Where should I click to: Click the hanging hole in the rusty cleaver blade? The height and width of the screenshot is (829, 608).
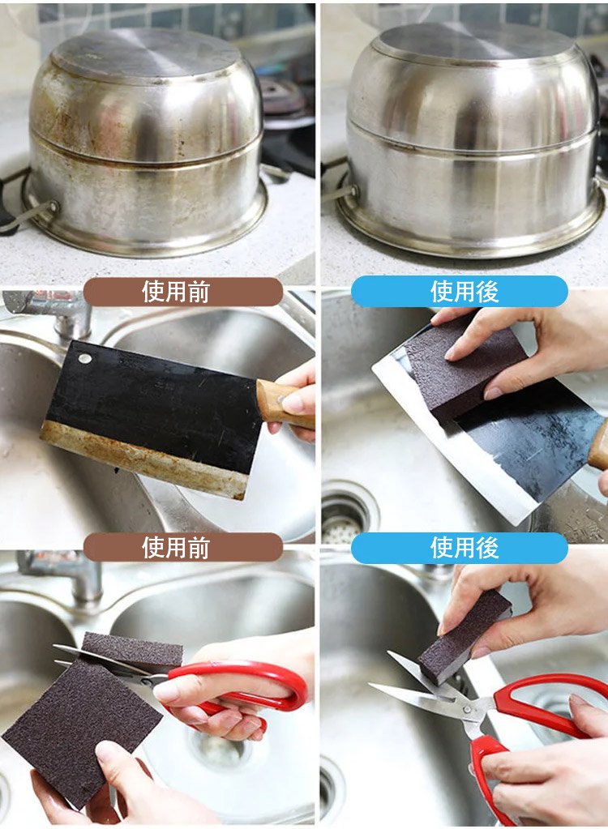coord(84,359)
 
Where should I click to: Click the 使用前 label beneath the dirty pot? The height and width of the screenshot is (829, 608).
coord(183,291)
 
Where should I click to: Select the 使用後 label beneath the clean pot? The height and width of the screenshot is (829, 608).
coord(460,291)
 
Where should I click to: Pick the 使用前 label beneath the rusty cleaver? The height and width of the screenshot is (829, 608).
coord(183,547)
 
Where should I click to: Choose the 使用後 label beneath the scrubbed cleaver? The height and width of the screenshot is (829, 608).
coord(460,547)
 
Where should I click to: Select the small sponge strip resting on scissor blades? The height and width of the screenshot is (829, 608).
coord(132,649)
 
